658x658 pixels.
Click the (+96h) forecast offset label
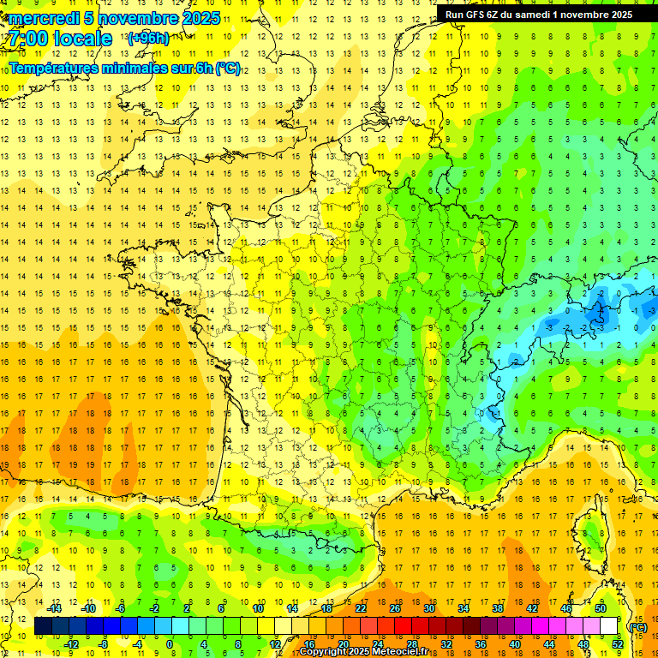click(147, 39)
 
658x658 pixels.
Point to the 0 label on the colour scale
click(170, 644)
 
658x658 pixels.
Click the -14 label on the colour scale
click(57, 608)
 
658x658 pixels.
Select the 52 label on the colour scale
click(618, 644)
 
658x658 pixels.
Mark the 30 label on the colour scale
click(428, 608)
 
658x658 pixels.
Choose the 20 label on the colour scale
click(343, 644)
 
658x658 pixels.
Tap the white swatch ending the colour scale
click(609, 626)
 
